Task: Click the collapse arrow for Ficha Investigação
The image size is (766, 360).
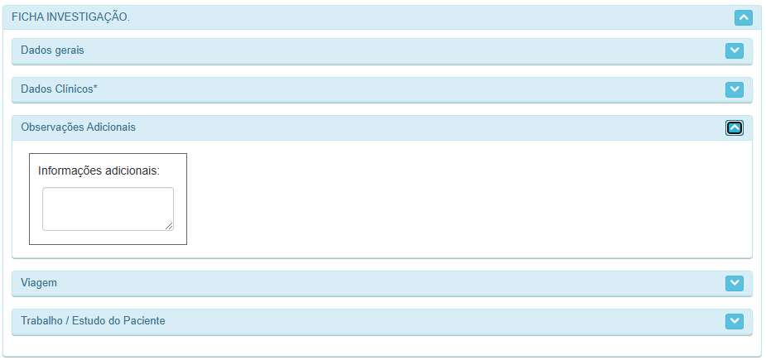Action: (x=743, y=17)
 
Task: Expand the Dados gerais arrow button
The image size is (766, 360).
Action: (x=734, y=50)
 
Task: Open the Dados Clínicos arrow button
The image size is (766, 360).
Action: (x=734, y=89)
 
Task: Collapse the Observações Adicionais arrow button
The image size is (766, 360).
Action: (x=734, y=127)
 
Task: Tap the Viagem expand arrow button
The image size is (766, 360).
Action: (x=734, y=283)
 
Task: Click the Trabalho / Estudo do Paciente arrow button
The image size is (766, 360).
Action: (x=734, y=321)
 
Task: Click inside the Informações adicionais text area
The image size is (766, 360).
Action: (x=108, y=209)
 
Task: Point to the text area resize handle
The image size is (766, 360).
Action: (x=169, y=225)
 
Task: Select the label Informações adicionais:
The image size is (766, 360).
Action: (x=99, y=171)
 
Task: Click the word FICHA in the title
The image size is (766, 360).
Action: (x=26, y=17)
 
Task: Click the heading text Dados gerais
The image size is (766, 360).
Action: (x=52, y=50)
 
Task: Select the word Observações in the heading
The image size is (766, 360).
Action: (x=51, y=127)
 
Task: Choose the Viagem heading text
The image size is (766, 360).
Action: (x=39, y=283)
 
